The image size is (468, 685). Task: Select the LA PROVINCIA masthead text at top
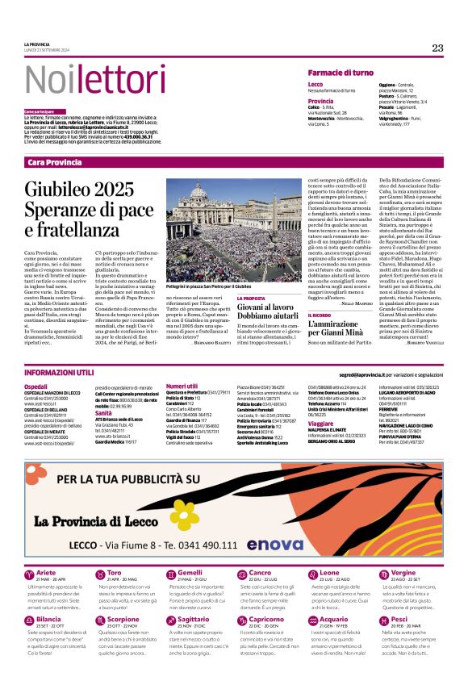[36, 45]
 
